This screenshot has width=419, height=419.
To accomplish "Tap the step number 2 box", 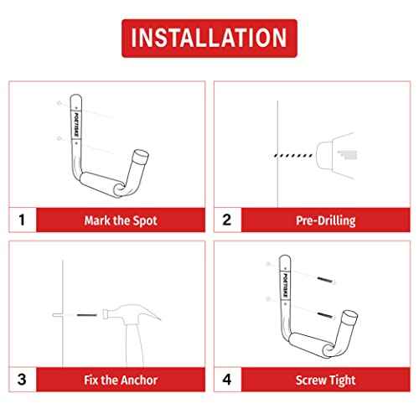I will pos(226,221).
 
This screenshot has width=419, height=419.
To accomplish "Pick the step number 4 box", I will pos(226,380).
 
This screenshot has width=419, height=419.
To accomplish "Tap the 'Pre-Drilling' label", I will pos(324,221).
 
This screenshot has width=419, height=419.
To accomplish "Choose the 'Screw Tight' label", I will pos(324,380).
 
